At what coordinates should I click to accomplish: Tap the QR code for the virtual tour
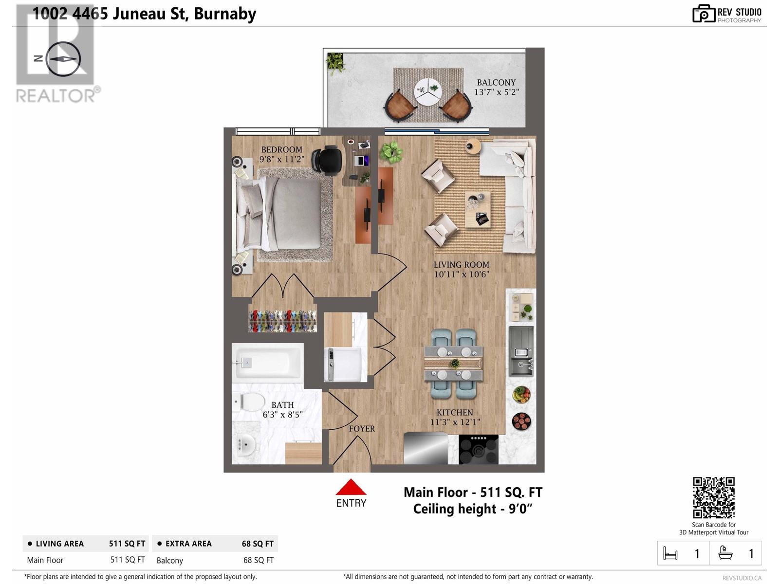714,498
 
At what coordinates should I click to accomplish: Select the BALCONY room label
496,83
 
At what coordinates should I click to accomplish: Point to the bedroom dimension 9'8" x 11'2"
282,159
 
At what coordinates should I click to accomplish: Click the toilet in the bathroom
249,402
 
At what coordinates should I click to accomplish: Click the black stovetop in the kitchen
479,449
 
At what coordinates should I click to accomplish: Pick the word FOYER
362,429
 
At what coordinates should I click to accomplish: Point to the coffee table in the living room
478,210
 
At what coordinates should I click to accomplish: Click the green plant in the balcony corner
335,63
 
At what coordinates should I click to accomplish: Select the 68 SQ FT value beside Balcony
259,560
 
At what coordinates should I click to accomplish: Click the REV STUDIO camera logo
704,14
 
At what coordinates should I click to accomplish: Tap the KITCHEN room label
455,412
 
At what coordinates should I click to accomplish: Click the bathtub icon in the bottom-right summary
725,553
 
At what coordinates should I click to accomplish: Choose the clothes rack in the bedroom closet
282,321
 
